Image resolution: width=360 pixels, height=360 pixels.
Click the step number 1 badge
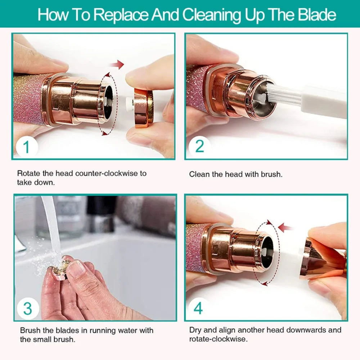click(x=26, y=148)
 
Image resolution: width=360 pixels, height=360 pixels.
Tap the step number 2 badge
click(x=199, y=147)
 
